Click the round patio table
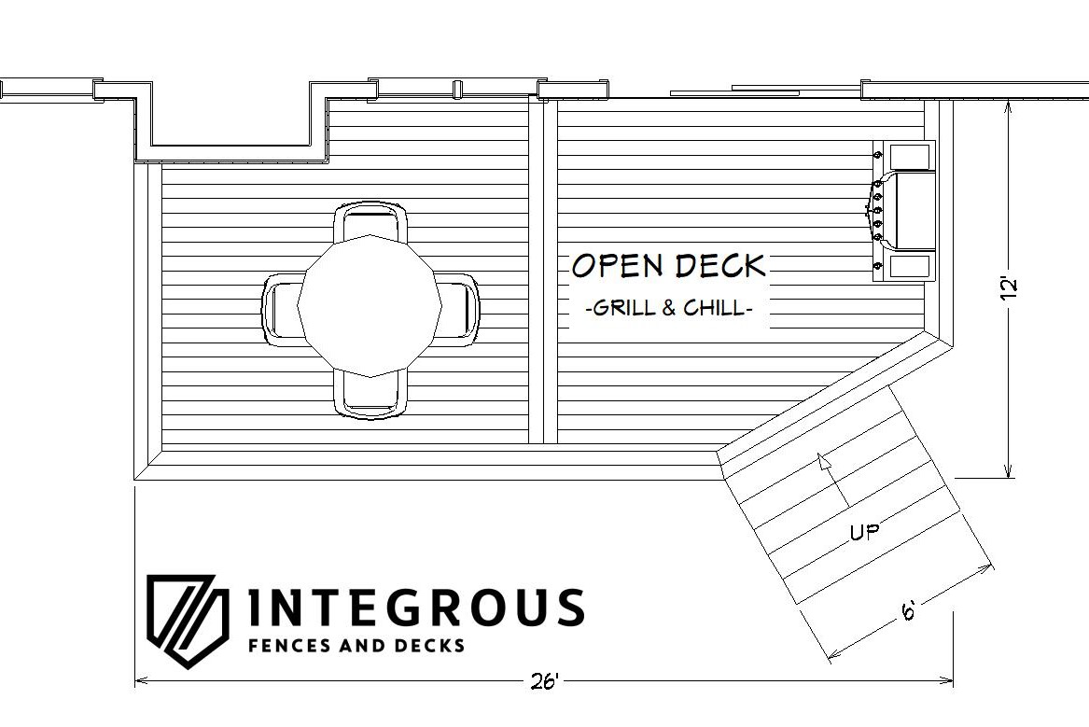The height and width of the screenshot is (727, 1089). click(x=370, y=306)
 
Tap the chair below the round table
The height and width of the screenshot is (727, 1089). click(x=370, y=395)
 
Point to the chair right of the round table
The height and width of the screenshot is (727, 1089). click(x=458, y=310)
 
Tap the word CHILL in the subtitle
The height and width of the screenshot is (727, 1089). click(x=714, y=307)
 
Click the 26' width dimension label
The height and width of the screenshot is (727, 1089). click(x=544, y=682)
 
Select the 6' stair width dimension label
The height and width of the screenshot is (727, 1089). click(x=908, y=611)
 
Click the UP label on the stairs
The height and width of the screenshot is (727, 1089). click(x=865, y=532)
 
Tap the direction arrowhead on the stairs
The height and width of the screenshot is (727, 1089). click(x=824, y=461)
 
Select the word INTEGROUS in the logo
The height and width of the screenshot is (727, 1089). click(x=416, y=608)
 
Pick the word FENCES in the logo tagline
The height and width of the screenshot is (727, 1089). click(x=289, y=645)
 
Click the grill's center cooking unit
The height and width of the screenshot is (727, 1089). click(x=910, y=210)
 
